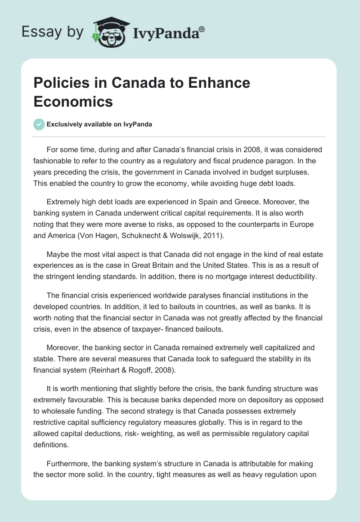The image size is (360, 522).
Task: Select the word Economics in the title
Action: [73, 101]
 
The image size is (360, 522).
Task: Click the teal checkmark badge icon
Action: [40, 124]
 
